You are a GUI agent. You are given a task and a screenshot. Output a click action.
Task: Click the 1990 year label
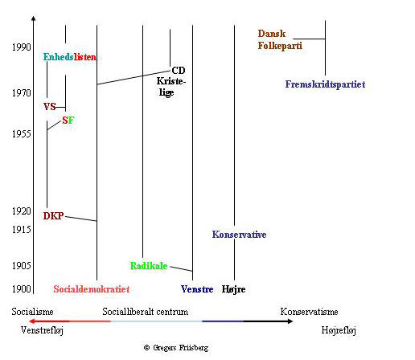point(22,47)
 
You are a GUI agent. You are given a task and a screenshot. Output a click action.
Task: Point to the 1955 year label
point(22,133)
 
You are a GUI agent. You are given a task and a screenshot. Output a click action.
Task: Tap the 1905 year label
point(22,265)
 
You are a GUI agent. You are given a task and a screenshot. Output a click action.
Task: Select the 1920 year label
point(22,211)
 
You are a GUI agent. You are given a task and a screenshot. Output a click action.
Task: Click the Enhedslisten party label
point(70,57)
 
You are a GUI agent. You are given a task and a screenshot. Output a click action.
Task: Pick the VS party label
point(50,107)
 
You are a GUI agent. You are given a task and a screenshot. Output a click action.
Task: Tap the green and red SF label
point(68,121)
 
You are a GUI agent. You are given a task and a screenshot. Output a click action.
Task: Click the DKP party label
point(54,216)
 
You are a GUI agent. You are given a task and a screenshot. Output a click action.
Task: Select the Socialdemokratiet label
point(92,289)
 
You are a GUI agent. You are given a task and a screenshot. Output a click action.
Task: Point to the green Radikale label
point(149,266)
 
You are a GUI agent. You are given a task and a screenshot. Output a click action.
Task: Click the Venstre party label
point(197,289)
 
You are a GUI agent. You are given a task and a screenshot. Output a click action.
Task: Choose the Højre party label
point(233,289)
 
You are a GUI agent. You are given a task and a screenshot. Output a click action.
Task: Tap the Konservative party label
point(239,235)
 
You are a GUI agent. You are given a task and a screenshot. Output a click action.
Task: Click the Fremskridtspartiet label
point(325,84)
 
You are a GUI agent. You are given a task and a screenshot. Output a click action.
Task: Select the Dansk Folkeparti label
point(280,39)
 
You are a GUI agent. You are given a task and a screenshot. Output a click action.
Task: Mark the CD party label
point(179,71)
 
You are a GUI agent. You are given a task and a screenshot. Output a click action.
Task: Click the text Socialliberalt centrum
point(146,312)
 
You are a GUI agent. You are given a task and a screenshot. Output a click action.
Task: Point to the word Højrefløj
point(339,330)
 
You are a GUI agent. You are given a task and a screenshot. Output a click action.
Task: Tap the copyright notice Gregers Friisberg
point(176,348)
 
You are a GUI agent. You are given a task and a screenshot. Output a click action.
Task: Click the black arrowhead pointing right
point(290,321)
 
